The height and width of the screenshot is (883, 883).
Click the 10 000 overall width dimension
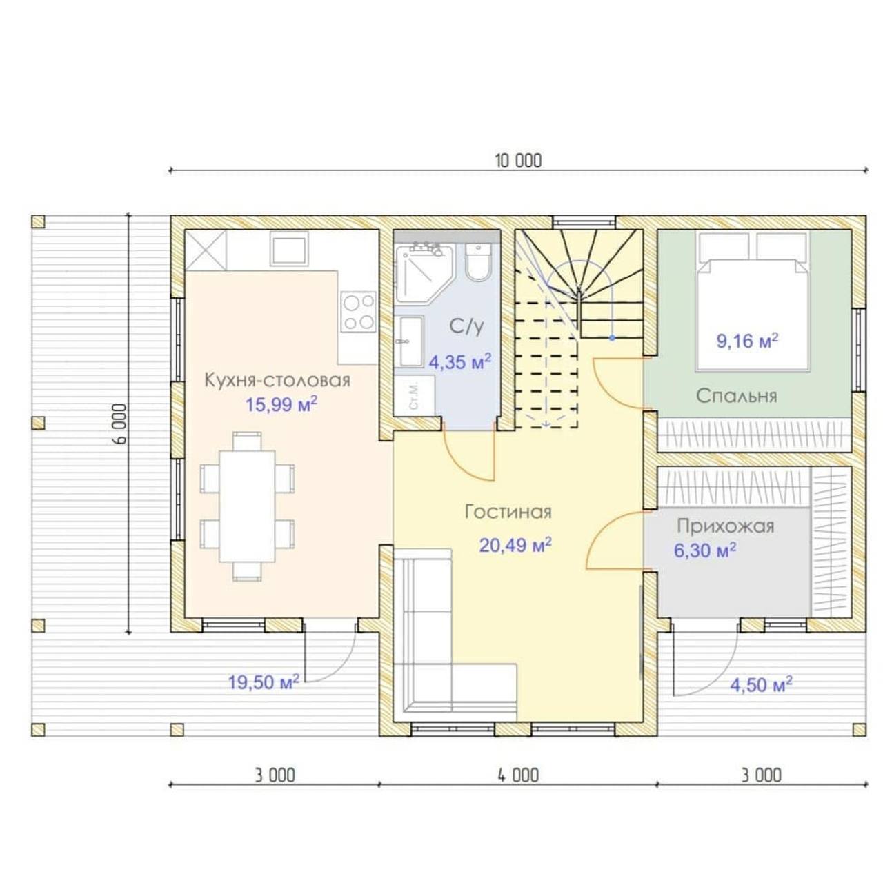pos(518,161)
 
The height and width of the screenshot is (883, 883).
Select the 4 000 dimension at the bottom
pos(518,775)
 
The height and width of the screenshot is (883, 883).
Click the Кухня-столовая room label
pos(277,380)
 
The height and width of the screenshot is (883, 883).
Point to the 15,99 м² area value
pos(281,405)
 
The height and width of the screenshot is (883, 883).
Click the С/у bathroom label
pos(466,326)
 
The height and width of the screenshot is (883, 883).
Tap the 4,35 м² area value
pos(459,361)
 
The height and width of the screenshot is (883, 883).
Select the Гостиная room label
pos(508,512)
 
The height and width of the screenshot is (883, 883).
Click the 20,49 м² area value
pos(515,545)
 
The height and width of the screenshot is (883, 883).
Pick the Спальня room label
pos(737,396)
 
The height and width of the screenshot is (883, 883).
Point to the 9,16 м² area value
pos(747,341)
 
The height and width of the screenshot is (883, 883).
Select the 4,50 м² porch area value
pos(761,685)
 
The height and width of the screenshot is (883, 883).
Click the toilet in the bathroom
pos(477,261)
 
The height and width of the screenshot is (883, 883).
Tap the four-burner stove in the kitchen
pos(359,312)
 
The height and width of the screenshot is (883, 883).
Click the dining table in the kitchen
pos(248,506)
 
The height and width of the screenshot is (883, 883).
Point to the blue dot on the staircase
pos(612,338)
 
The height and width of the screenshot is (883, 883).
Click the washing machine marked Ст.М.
pos(414,396)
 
